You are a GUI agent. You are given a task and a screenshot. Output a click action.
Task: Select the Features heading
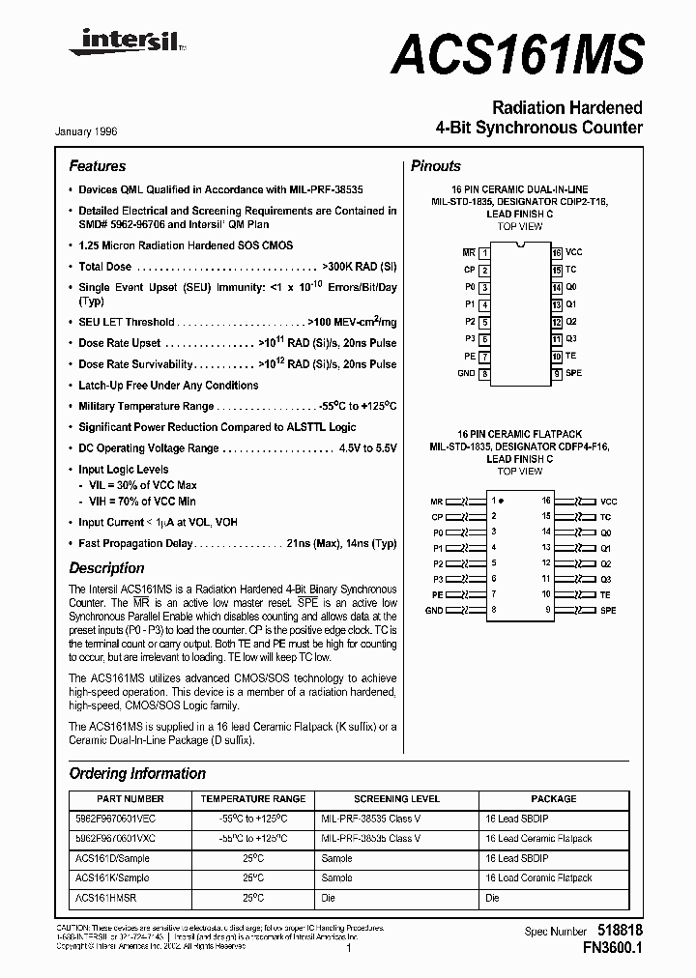pos(98,166)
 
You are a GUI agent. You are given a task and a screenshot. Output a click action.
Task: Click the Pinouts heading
pos(436,166)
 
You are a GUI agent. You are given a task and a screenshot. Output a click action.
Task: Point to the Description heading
pos(106,568)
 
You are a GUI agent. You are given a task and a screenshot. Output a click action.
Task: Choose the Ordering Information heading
pos(137,773)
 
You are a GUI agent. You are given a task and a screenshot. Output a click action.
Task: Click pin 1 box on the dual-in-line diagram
pos(484,252)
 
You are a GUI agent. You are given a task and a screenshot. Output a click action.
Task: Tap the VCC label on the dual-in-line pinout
pos(574,252)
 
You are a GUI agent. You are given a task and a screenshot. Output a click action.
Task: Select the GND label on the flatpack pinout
pos(435,611)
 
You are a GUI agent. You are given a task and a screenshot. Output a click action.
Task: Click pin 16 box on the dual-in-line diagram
pos(557,252)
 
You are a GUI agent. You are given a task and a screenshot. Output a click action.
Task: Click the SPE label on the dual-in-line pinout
pos(574,373)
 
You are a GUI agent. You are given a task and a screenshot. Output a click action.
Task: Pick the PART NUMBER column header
pos(130,799)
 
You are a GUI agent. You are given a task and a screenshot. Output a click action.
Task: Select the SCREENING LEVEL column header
pos(396,799)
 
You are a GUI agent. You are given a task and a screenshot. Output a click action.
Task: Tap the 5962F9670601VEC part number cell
pos(114,819)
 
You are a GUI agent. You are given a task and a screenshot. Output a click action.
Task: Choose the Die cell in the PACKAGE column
pos(493,898)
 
